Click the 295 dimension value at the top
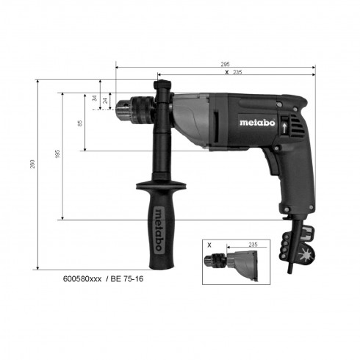point(224,65)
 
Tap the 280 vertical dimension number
point(33,168)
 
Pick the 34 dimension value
point(95,98)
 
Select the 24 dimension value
point(106,100)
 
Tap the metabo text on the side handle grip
point(159,227)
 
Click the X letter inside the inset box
point(209,244)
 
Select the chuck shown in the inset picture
point(220,262)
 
